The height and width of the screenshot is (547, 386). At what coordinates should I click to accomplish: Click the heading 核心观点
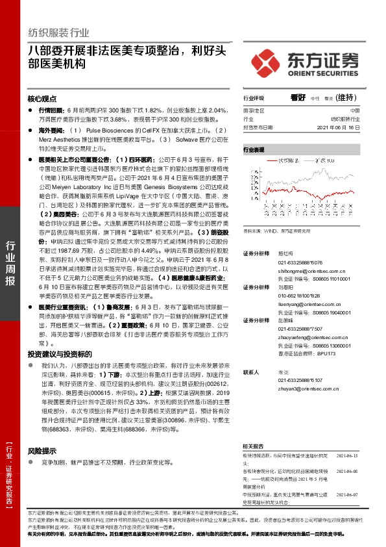coord(42,99)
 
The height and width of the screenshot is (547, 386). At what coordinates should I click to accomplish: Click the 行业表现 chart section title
coord(254,149)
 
